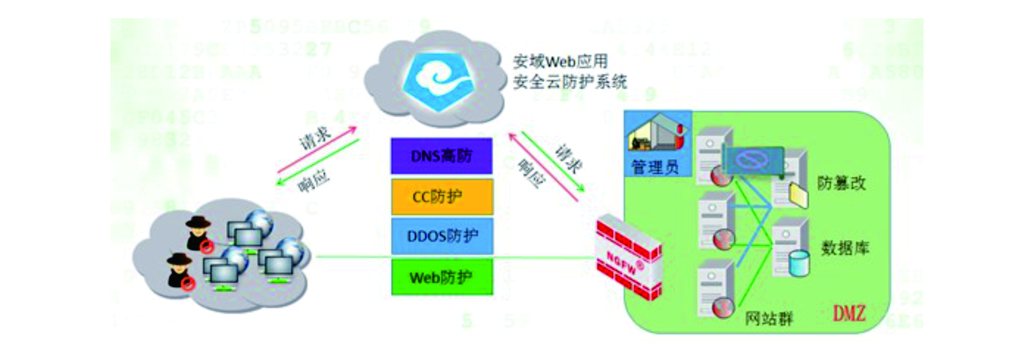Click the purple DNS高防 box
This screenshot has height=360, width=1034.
[441, 156]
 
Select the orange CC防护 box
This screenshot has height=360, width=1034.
[442, 197]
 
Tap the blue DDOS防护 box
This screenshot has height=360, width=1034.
[442, 236]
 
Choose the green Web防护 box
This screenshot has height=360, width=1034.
[442, 277]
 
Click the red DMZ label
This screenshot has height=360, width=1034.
[849, 314]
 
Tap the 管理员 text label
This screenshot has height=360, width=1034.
[655, 167]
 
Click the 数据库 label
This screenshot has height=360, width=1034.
[845, 248]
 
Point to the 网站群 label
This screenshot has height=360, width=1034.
[769, 319]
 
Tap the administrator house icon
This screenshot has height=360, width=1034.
[657, 134]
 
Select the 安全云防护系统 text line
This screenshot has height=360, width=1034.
[569, 82]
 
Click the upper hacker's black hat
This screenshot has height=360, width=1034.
[197, 222]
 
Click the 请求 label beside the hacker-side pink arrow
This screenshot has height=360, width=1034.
[315, 138]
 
